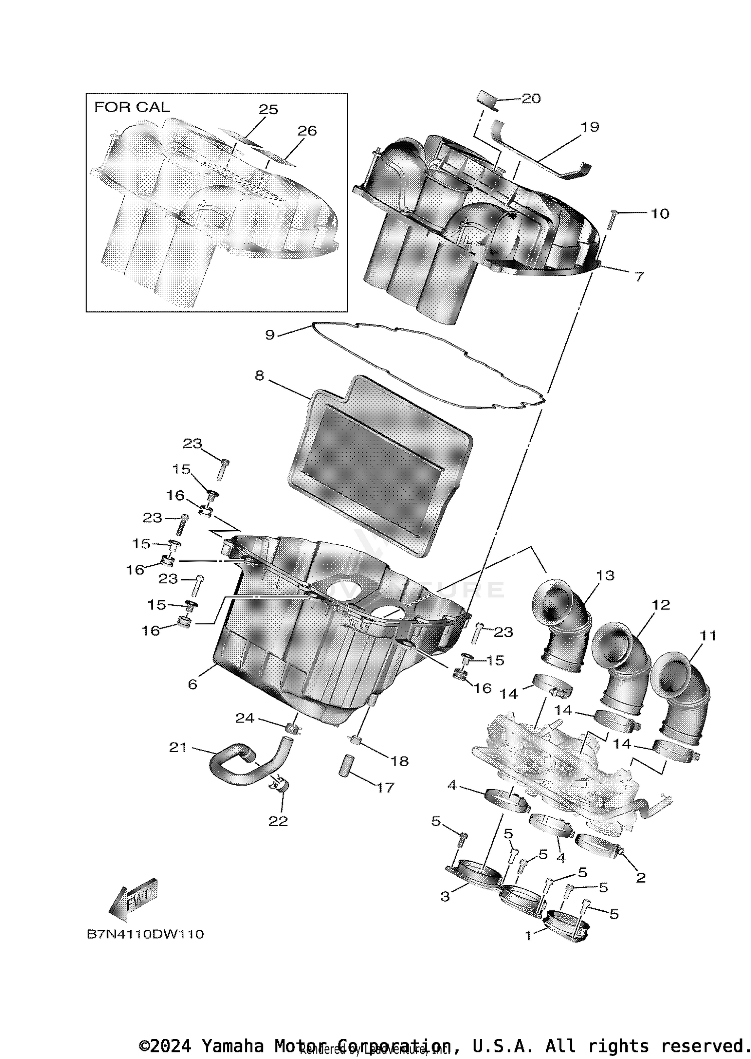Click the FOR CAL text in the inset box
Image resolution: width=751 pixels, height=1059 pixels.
click(x=132, y=107)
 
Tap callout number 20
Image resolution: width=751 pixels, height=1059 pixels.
click(x=531, y=99)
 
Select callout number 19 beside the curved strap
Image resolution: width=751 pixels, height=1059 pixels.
click(x=590, y=127)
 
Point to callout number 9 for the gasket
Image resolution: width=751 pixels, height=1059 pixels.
click(x=270, y=334)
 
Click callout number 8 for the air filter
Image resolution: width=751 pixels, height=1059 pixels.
click(x=259, y=376)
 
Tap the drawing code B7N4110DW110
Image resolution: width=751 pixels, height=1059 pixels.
click(x=145, y=934)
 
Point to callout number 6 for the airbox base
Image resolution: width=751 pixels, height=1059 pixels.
click(x=193, y=684)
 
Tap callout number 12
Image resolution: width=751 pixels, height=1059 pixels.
click(x=661, y=605)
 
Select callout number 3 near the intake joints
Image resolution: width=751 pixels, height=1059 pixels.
click(x=445, y=897)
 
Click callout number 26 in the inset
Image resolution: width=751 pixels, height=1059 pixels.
click(x=307, y=131)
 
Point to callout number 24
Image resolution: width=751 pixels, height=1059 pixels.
click(x=245, y=718)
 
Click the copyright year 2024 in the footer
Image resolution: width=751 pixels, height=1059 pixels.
click(x=170, y=1046)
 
